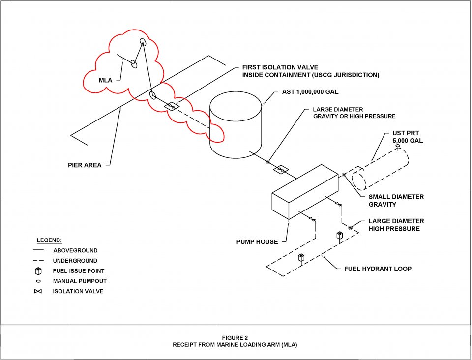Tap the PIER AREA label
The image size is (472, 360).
[85, 165]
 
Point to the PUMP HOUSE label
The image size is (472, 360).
[257, 241]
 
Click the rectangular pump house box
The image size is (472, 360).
[305, 192]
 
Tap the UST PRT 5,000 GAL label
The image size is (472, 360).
[408, 137]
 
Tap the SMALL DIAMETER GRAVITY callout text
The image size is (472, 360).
[396, 200]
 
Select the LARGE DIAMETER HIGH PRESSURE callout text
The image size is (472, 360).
[396, 225]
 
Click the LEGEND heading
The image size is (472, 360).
[49, 240]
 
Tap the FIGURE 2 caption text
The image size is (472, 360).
[235, 338]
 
